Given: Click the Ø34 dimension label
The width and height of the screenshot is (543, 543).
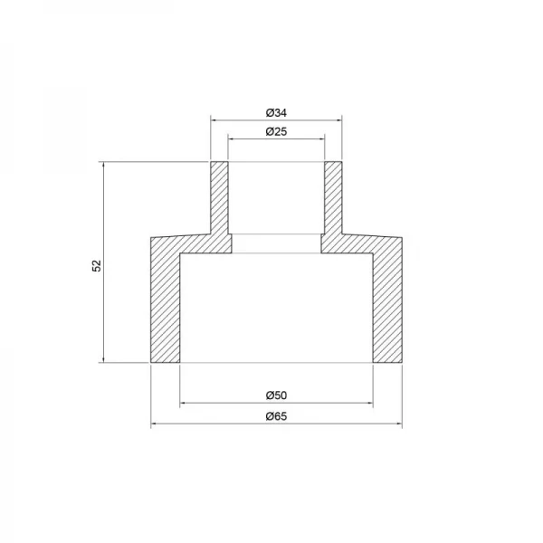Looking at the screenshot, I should click(276, 112).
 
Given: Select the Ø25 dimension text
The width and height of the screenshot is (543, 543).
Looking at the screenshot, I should click(276, 132).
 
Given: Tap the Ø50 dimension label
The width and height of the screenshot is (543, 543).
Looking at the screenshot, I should click(276, 395).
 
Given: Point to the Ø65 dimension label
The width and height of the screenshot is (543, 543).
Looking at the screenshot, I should click(276, 416).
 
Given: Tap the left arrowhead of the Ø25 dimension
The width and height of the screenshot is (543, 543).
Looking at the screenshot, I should click(233, 138).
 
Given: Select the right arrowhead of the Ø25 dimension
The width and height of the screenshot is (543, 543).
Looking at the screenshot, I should click(320, 138).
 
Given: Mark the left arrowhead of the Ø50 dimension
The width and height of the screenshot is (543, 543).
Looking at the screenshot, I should click(185, 402).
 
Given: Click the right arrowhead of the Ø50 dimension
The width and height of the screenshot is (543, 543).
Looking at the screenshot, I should click(368, 402).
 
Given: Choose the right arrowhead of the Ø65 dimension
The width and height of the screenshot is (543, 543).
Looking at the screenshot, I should click(399, 423).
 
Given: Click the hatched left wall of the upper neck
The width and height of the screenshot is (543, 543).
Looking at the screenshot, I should click(220, 199).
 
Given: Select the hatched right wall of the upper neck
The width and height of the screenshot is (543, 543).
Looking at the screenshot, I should click(333, 199).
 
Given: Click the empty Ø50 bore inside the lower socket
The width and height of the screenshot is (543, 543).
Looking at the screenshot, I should click(276, 308).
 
